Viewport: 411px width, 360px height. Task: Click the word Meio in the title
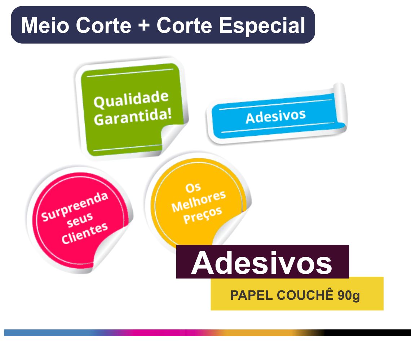(x=45, y=25)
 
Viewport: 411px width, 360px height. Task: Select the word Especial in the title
(x=262, y=26)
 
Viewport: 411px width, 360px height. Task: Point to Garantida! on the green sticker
(x=133, y=117)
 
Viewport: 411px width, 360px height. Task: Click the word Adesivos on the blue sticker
(x=275, y=116)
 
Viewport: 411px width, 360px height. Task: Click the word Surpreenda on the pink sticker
(x=75, y=206)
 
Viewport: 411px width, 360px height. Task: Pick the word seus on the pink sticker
(x=80, y=220)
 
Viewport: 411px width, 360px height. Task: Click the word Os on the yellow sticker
(x=193, y=188)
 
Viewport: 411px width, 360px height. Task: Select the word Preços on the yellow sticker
(x=203, y=215)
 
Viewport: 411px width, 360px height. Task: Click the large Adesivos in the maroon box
(x=262, y=263)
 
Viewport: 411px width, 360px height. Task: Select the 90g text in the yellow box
(x=349, y=296)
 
